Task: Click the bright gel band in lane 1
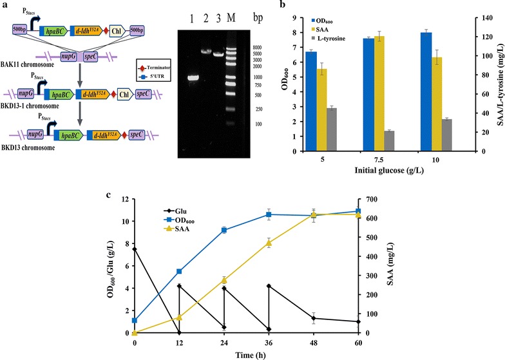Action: click(193, 79)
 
